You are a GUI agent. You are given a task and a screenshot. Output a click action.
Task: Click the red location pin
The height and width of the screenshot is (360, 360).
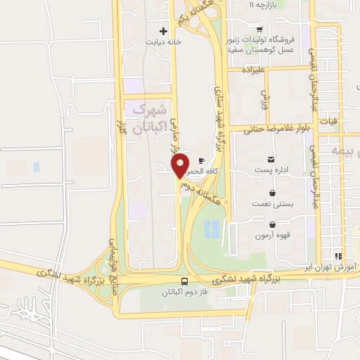click(180, 165)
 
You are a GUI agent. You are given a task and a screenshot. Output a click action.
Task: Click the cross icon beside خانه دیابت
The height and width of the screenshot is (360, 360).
click(163, 31)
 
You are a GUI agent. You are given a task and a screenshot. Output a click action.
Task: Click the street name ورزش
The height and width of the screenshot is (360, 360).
click(265, 98)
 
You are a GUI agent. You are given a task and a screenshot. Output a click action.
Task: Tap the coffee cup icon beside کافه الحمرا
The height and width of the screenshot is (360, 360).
click(202, 160)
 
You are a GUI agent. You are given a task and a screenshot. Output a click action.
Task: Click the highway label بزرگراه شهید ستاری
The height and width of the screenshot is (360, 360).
click(219, 127)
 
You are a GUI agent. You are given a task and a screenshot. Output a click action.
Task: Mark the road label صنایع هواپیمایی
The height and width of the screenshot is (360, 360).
click(112, 253)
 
